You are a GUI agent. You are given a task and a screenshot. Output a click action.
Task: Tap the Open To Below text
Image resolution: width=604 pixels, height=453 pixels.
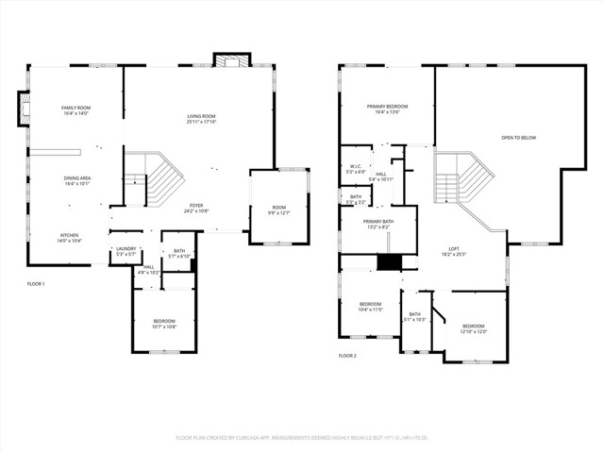click(x=518, y=138)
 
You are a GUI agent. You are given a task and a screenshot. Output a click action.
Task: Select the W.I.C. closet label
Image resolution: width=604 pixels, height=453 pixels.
click(x=355, y=170)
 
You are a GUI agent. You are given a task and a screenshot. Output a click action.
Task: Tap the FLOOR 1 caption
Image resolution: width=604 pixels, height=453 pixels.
click(x=36, y=284)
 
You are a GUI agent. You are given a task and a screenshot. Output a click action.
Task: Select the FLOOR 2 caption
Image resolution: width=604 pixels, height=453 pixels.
click(x=347, y=356)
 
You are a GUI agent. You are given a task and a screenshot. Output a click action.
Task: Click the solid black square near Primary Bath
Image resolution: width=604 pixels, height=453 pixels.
click(x=389, y=262)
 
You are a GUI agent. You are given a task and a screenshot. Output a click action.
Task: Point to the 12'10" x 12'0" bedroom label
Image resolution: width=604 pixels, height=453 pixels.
click(x=473, y=328)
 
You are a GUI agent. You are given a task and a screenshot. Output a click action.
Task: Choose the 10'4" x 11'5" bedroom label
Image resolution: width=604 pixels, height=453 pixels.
click(x=370, y=307)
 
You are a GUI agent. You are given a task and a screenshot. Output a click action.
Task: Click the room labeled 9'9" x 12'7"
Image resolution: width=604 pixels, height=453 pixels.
click(x=279, y=210)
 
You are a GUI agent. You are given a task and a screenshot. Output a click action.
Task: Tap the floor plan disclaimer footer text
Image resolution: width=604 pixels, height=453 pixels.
click(x=302, y=438)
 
